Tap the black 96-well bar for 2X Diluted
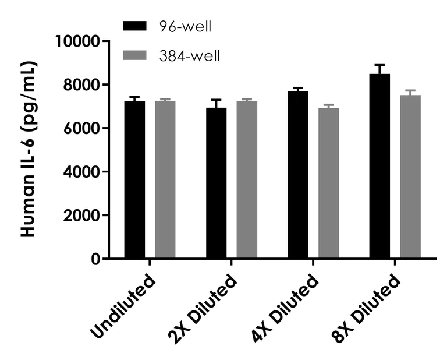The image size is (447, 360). click(216, 183)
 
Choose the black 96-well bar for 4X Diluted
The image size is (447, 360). click(297, 174)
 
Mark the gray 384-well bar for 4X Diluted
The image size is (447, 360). click(328, 183)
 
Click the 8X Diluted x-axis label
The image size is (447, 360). click(369, 309)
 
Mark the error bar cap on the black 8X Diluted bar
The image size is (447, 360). click(379, 65)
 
